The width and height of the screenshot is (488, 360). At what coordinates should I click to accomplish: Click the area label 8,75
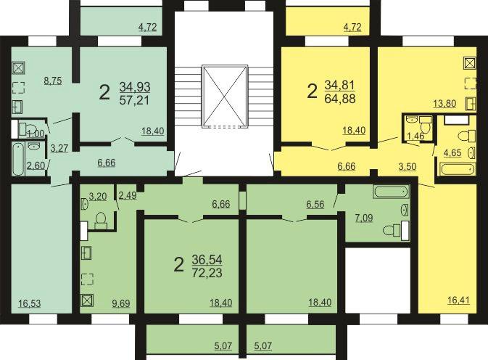pos(53,81)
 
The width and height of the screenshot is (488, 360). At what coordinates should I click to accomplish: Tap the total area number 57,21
pos(135,100)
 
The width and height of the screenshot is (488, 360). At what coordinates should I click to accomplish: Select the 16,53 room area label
pos(29,303)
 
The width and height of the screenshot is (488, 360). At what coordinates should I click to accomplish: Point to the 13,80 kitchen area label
pos(444,103)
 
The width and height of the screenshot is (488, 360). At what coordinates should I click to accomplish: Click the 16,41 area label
pos(458,300)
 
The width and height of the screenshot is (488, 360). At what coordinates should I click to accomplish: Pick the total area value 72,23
pos(207,273)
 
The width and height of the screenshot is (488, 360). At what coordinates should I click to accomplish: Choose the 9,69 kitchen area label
pos(121,303)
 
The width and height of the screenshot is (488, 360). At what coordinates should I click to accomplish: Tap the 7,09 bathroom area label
pos(364,217)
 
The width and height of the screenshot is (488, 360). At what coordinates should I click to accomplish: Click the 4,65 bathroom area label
pos(452,153)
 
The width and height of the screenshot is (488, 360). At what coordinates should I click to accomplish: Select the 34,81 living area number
pos(340,85)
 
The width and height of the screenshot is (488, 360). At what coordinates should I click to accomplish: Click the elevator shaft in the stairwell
pos(225,97)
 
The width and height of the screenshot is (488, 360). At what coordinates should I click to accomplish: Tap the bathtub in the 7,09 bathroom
pos(392,192)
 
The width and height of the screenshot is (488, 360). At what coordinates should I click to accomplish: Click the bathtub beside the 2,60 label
pos(17,159)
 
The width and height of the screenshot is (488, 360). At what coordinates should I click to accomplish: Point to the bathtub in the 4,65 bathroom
pos(458,170)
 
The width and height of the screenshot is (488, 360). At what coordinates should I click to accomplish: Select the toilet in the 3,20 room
pos(101,221)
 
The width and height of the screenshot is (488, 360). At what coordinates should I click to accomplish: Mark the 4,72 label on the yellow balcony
pos(352,27)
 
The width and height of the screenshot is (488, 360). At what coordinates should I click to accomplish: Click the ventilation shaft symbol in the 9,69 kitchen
pos(87,300)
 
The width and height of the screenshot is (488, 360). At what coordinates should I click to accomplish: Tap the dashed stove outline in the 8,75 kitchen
pos(18,88)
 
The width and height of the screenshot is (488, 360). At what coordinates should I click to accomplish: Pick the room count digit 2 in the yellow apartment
pos(312,91)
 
